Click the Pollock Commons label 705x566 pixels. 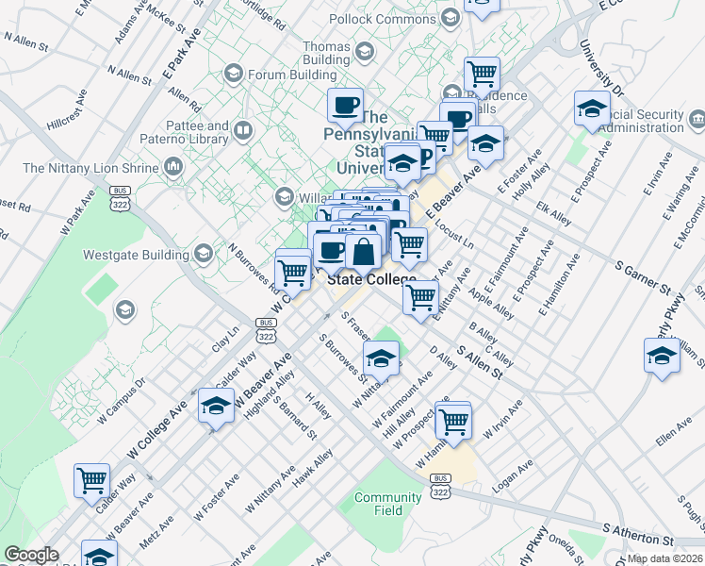[384, 19]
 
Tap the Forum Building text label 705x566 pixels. [292, 74]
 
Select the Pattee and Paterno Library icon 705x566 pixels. [244, 130]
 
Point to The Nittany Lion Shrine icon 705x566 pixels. [172, 168]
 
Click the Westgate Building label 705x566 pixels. [136, 253]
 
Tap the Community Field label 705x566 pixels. [387, 504]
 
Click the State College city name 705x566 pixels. [371, 280]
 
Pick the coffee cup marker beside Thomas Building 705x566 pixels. [345, 105]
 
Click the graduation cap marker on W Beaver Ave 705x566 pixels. [216, 406]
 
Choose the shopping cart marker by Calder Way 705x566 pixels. [91, 480]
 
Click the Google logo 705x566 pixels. [31, 555]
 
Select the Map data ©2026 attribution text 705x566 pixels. [664, 558]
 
